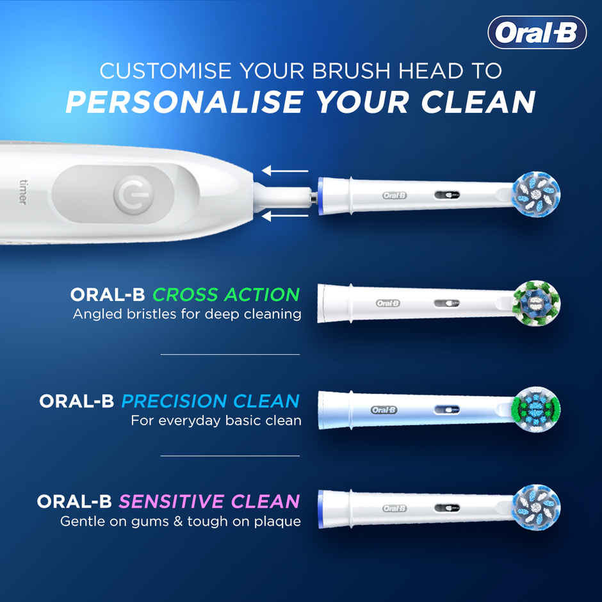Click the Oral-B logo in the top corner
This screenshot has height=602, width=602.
[537, 33]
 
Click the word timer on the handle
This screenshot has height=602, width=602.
[22, 191]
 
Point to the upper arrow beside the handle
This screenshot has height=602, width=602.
[285, 171]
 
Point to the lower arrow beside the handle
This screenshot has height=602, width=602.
[285, 217]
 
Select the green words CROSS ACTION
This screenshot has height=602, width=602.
[226, 295]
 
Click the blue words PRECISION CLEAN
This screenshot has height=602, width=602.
[210, 402]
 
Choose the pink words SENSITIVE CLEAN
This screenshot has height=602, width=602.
[209, 501]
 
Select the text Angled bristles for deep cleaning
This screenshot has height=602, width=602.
[187, 314]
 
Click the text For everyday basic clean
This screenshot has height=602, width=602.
[216, 421]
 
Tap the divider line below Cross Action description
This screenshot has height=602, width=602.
[230, 354]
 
